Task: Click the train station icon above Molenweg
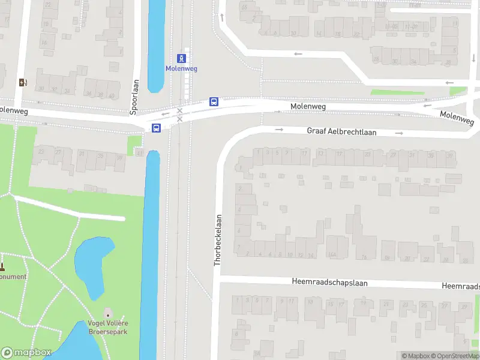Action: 181,58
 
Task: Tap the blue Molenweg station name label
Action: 181,68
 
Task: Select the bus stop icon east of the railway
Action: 214,101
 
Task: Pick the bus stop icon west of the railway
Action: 156,128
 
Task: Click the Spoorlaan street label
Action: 134,97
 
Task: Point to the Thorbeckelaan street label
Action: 218,240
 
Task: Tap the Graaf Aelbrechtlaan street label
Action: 341,131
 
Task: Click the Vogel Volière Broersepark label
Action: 108,327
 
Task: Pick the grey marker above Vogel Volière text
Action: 108,313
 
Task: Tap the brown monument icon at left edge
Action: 2,266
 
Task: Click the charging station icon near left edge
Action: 23,82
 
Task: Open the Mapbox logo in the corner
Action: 26,353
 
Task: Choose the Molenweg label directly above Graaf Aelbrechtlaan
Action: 308,106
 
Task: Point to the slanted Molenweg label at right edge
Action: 457,118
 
